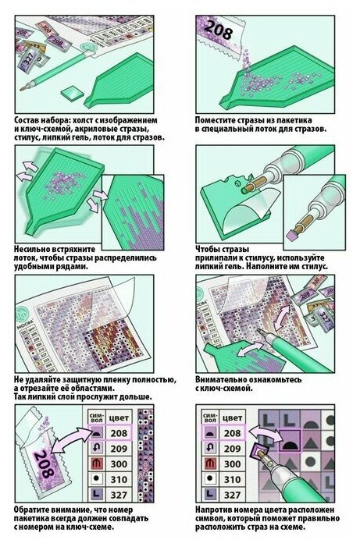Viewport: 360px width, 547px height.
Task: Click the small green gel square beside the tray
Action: [73, 93]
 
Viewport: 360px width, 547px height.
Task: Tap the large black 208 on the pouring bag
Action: [217, 30]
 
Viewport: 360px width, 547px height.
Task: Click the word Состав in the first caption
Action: [27, 121]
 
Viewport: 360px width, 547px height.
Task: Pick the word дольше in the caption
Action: [137, 397]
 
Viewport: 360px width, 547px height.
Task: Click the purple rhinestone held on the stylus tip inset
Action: [290, 236]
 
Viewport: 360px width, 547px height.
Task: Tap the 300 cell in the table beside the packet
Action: [119, 464]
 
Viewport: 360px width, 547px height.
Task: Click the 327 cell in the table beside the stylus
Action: [232, 494]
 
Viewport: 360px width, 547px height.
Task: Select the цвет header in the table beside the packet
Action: [119, 418]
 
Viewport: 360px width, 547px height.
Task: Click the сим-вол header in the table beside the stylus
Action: [210, 418]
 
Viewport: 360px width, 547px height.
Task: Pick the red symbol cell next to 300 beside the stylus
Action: [210, 464]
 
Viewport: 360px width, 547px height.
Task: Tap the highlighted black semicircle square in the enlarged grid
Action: [290, 441]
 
